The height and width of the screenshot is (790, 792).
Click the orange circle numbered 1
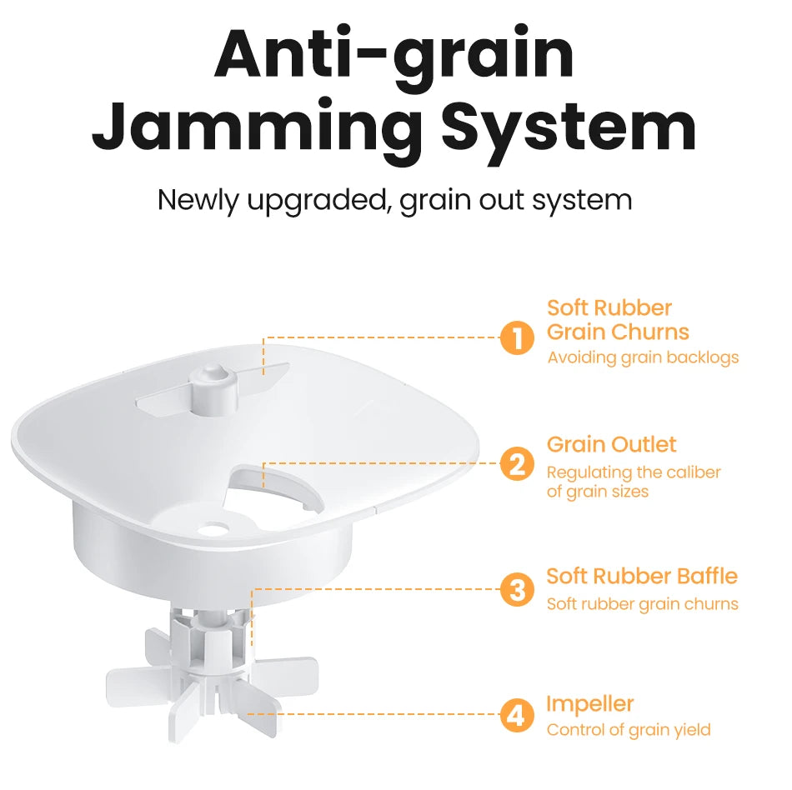click(x=517, y=338)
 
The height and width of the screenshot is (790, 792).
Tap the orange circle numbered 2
click(x=517, y=464)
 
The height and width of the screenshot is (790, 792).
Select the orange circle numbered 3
click(x=517, y=590)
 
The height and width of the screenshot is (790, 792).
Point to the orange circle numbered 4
click(x=517, y=716)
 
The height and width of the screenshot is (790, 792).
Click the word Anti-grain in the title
click(x=394, y=54)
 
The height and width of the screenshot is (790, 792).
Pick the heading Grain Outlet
click(x=611, y=444)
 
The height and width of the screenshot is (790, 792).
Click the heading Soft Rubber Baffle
click(x=642, y=576)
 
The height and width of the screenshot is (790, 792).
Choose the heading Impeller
click(x=589, y=703)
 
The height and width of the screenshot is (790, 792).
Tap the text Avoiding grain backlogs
click(x=643, y=357)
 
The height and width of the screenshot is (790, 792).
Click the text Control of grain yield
click(x=628, y=730)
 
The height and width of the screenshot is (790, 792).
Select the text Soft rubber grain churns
click(x=642, y=603)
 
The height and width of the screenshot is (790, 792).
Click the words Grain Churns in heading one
click(x=618, y=332)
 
